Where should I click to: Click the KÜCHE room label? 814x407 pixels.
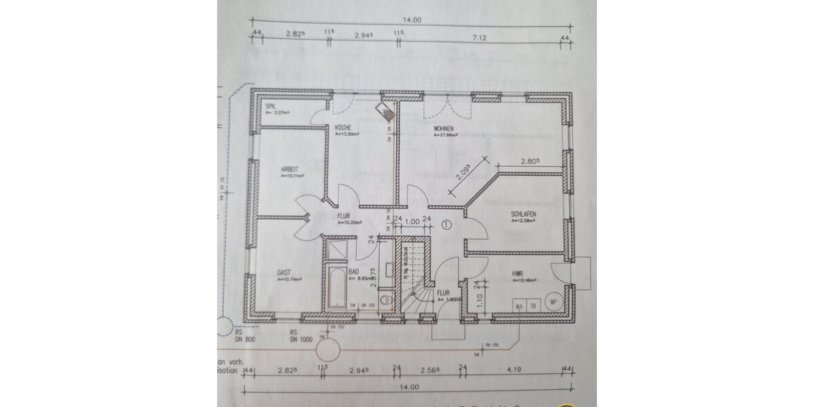[342, 128]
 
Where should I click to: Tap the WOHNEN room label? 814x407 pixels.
[444, 128]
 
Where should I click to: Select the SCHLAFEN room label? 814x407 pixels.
[524, 214]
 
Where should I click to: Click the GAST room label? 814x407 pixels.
[284, 273]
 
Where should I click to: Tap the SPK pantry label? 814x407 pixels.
[270, 106]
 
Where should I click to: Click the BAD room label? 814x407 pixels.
[353, 273]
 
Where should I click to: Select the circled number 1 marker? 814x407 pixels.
[446, 225]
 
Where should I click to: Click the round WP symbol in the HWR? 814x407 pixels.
[554, 302]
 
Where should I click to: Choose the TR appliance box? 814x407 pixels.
[533, 306]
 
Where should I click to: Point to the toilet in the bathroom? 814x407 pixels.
[385, 299]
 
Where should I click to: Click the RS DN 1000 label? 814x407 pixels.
[301, 336]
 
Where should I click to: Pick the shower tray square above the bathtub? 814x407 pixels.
[336, 252]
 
